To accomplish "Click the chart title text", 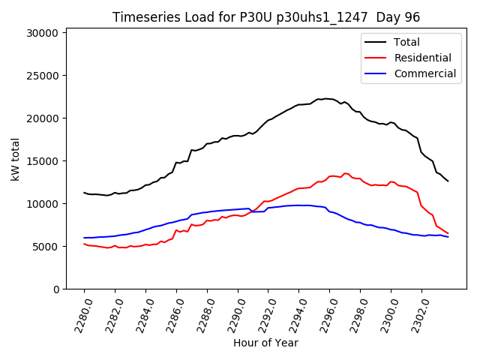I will [265, 17].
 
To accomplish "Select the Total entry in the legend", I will [406, 42].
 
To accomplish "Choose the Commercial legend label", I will [424, 73].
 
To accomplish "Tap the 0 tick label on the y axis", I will [55, 289].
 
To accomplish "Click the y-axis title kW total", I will [16, 159].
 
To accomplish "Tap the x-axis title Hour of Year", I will [265, 343].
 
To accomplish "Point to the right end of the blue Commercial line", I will [448, 237].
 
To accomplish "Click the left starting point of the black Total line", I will [84, 193].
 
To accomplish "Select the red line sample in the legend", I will [376, 58].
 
